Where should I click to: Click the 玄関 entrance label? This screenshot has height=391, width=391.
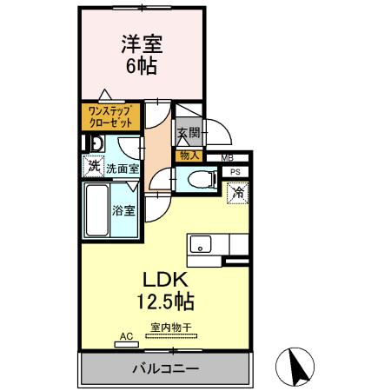pyautogui.click(x=189, y=133)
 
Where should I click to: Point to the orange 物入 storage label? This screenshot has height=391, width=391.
pyautogui.click(x=189, y=156)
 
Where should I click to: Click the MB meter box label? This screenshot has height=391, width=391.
pyautogui.click(x=226, y=157)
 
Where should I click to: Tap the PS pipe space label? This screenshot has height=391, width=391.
pyautogui.click(x=235, y=172)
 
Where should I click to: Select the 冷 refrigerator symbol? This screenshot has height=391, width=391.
pyautogui.click(x=237, y=193)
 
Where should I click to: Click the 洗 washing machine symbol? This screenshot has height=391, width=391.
pyautogui.click(x=92, y=167)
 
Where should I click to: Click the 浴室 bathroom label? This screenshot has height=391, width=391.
pyautogui.click(x=123, y=210)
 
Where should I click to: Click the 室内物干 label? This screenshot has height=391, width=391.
pyautogui.click(x=170, y=327)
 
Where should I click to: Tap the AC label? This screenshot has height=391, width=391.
pyautogui.click(x=124, y=335)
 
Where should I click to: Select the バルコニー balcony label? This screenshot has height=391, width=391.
pyautogui.click(x=165, y=367)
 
